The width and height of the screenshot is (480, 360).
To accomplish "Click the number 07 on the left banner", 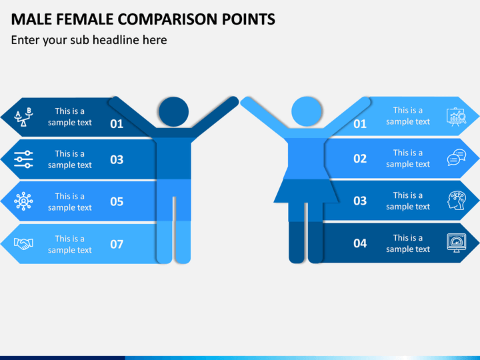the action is tap(117, 244).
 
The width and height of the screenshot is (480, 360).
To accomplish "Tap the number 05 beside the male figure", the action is tap(117, 202).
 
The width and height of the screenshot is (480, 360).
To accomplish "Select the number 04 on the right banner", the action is tap(360, 243).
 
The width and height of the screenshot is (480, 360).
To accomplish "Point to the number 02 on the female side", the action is tap(360, 159).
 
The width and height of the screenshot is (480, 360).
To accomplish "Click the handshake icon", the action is tap(23, 244).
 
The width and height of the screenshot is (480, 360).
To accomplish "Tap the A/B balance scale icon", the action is tap(23, 117).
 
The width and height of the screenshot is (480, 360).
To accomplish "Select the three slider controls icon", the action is tap(23, 159).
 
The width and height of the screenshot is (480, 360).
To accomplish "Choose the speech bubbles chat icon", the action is tap(457, 157).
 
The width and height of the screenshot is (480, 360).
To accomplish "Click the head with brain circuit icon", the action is tap(457, 201).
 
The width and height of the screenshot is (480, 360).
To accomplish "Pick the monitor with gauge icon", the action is tap(457, 243).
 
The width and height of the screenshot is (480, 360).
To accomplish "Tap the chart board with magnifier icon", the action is tap(457, 117).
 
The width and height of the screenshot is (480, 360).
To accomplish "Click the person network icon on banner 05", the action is tap(23, 201).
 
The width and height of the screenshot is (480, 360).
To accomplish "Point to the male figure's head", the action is tap(173, 112).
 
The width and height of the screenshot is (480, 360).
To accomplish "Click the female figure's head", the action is tap(307, 111).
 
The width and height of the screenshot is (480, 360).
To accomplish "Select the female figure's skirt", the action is tap(306, 191).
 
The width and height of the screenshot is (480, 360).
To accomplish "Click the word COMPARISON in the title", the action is tap(168, 19).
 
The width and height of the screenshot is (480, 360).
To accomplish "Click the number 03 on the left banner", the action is tap(117, 159).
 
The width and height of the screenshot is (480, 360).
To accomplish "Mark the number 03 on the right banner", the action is tap(360, 201).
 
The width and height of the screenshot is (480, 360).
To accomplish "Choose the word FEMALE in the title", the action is tap(85, 19).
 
